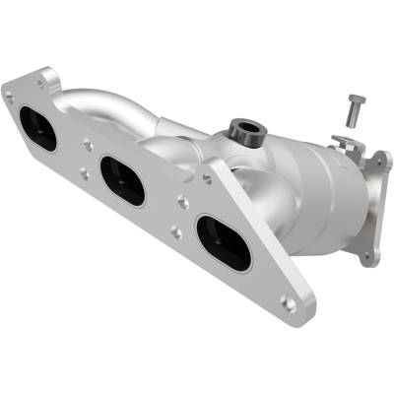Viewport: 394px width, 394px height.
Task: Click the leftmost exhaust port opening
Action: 38,128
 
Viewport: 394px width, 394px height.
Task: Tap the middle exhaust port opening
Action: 123,180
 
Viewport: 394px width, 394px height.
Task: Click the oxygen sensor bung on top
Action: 241,129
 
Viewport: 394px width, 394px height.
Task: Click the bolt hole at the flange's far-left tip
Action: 9,97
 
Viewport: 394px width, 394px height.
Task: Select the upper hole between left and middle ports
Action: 89,144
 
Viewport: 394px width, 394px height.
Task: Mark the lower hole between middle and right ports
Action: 174,232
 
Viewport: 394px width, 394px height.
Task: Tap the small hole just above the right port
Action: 207,179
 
